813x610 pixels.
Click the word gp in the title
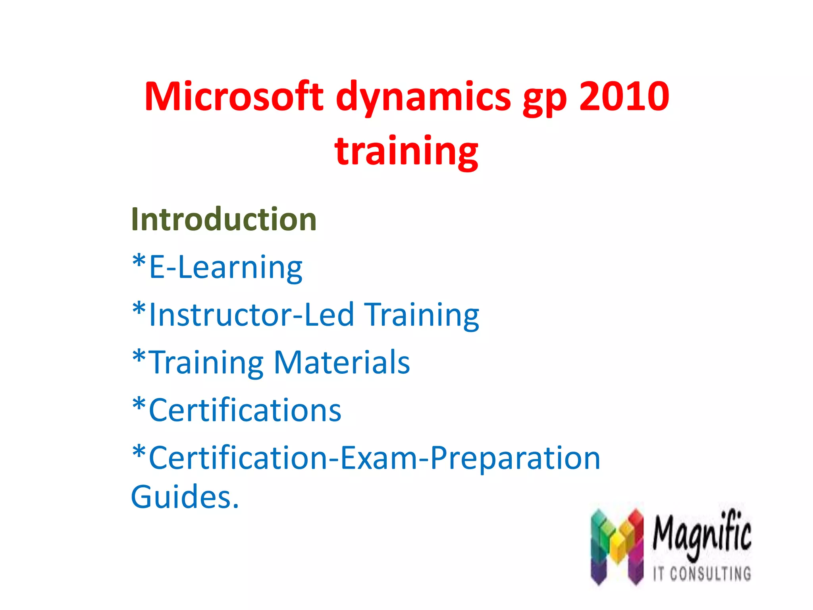click(x=545, y=99)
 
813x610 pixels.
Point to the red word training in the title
click(x=406, y=151)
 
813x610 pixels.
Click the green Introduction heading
click(x=223, y=219)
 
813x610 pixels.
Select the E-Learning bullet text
click(x=225, y=268)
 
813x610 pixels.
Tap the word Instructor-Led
click(x=251, y=315)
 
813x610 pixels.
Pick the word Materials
click(x=342, y=362)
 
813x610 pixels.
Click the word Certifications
click(x=245, y=410)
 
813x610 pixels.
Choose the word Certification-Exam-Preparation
click(x=374, y=458)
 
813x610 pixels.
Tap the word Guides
click(x=185, y=497)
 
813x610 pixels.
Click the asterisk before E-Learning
click(x=139, y=262)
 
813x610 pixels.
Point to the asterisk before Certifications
click(x=139, y=405)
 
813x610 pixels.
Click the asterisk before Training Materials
click(x=139, y=357)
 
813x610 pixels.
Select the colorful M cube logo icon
click(x=617, y=546)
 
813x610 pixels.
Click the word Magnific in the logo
click(x=702, y=534)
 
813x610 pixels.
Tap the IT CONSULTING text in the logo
click(x=702, y=574)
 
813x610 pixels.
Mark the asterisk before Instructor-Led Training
click(x=139, y=310)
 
